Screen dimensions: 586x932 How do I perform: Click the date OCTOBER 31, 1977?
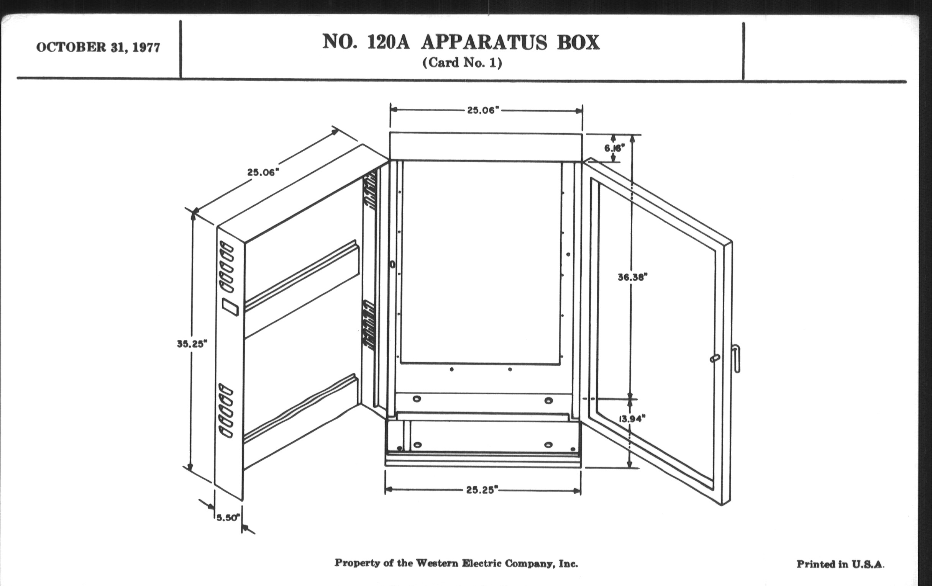(98, 47)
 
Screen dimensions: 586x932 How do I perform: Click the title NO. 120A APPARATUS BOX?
(461, 42)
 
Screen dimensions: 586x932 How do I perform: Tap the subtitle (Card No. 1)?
(462, 63)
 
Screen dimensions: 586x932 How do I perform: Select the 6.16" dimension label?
(614, 148)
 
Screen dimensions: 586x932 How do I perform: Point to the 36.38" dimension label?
(632, 277)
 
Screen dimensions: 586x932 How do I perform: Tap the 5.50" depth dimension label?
(228, 517)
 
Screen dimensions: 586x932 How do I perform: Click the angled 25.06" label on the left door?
(263, 172)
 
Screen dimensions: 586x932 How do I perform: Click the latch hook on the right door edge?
(737, 358)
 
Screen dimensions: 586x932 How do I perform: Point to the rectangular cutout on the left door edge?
(230, 307)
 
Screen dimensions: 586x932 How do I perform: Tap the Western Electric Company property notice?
(456, 563)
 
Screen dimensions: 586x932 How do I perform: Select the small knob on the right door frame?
(715, 358)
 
